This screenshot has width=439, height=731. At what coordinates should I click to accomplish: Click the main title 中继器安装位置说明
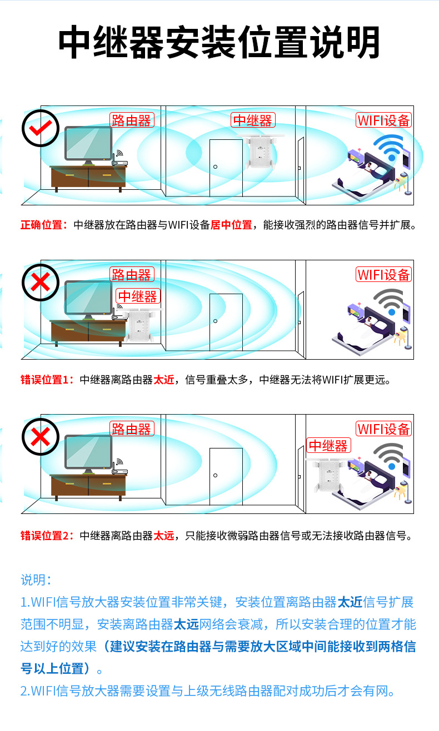pyautogui.click(x=219, y=43)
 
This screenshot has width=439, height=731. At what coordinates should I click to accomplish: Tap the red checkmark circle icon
pyautogui.click(x=40, y=128)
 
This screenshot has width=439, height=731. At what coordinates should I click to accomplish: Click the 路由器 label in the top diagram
pyautogui.click(x=131, y=120)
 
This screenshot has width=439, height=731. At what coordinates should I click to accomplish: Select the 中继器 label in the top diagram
pyautogui.click(x=252, y=120)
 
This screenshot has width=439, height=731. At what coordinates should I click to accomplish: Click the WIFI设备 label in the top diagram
pyautogui.click(x=383, y=120)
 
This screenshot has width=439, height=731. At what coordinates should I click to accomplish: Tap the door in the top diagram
pyautogui.click(x=226, y=167)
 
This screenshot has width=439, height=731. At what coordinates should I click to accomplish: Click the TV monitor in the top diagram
pyautogui.click(x=88, y=144)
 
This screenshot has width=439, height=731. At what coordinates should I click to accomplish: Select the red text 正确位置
pyautogui.click(x=43, y=225)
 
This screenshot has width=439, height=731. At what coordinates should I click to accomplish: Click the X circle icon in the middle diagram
pyautogui.click(x=40, y=283)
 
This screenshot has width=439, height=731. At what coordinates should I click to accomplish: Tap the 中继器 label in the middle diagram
pyautogui.click(x=138, y=296)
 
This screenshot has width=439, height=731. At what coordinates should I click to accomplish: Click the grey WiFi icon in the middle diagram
pyautogui.click(x=392, y=303)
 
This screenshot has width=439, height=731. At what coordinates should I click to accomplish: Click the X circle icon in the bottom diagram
pyautogui.click(x=40, y=437)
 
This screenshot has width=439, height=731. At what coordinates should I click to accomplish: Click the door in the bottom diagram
pyautogui.click(x=226, y=476)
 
